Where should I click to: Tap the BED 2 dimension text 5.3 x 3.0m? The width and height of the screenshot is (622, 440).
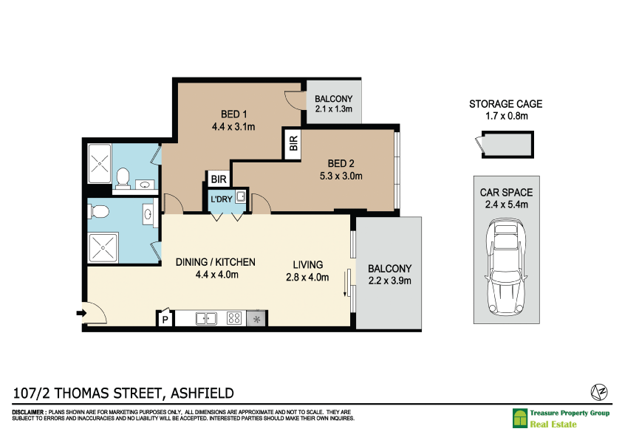(x=341, y=176)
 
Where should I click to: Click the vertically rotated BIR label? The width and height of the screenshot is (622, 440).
(x=293, y=144)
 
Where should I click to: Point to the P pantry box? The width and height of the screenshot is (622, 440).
(x=165, y=320)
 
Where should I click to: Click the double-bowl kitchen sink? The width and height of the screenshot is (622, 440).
(x=205, y=319)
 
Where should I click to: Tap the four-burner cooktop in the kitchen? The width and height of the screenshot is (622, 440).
(x=234, y=319)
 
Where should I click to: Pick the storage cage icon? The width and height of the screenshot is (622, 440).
(x=505, y=144)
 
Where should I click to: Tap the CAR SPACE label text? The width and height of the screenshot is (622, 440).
(x=506, y=193)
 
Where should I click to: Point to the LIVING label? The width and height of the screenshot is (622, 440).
(x=308, y=264)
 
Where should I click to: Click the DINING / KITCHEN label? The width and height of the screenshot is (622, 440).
(x=216, y=262)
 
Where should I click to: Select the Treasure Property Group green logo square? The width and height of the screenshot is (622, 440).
(x=520, y=419)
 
